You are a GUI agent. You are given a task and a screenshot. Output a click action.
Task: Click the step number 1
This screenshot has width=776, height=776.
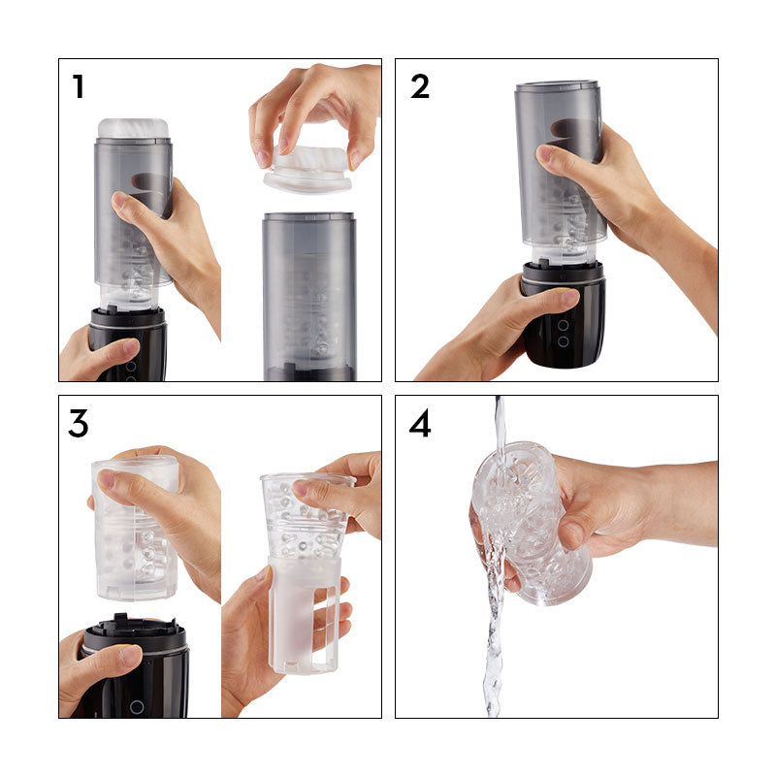(79, 87)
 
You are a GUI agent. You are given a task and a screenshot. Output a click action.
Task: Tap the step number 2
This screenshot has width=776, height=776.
(419, 87)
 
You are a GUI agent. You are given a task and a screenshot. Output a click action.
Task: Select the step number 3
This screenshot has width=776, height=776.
(80, 424)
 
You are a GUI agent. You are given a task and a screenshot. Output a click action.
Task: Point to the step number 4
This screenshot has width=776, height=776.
(419, 424)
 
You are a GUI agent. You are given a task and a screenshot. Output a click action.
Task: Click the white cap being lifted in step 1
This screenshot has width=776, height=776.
(307, 171)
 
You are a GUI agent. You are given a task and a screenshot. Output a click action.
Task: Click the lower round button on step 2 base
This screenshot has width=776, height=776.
(563, 341)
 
